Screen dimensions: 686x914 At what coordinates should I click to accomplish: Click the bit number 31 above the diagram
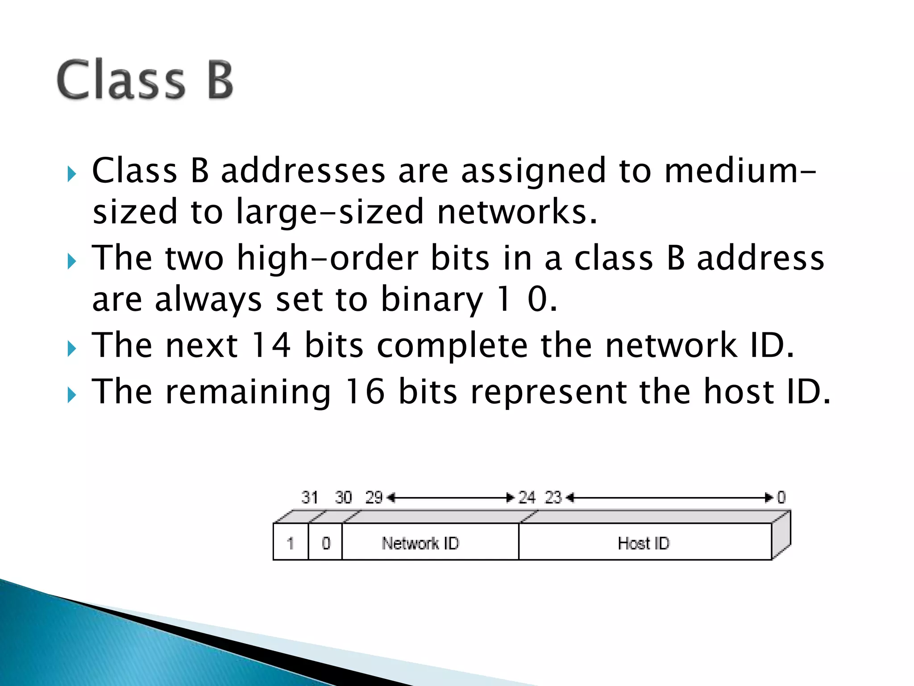coord(310,497)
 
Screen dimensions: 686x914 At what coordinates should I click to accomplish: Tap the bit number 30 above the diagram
coord(343,497)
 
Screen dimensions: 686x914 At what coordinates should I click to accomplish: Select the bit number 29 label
coord(374,497)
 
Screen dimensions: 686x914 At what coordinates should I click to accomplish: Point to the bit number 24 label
coord(527,497)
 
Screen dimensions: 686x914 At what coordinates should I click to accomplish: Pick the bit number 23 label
coord(553,497)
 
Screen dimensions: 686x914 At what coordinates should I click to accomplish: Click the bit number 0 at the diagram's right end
coord(781,497)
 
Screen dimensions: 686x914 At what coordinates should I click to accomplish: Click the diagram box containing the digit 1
coord(291,543)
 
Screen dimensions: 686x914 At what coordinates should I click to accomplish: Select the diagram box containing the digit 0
coord(326,543)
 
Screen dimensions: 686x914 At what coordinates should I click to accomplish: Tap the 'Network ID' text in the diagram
coord(420,543)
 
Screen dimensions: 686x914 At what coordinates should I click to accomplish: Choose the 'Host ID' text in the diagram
coord(644,543)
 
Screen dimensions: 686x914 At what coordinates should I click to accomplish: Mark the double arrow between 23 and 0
coord(669,498)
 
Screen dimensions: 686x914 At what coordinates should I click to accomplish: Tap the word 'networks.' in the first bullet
coord(517,212)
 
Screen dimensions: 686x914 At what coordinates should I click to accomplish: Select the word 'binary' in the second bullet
coord(432,299)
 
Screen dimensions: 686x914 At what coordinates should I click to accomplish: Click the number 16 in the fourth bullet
coord(365,392)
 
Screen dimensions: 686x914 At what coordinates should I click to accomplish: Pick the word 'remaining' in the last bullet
coord(248,392)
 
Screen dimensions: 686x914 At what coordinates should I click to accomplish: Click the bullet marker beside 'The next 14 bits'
coord(72,349)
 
